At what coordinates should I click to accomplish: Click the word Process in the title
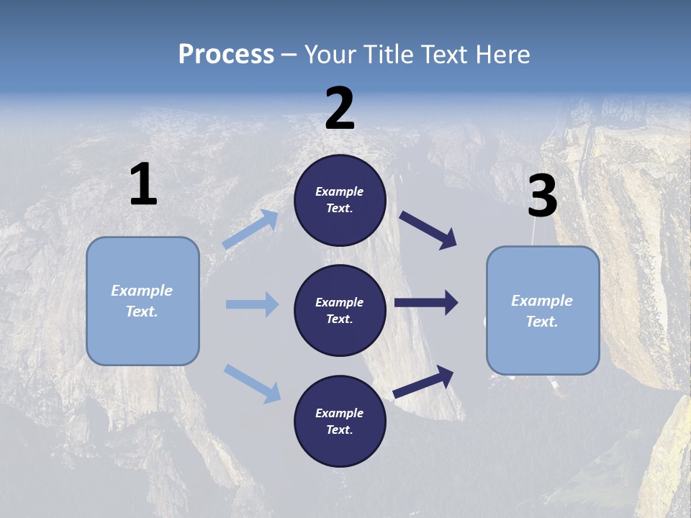226,55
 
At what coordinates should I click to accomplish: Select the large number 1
143,185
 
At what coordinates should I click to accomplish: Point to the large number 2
340,109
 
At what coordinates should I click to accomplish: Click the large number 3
542,196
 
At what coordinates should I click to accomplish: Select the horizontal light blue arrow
252,304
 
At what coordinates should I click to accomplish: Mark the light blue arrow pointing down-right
252,383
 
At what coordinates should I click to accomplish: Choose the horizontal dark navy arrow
426,302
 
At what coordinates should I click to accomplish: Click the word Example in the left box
142,291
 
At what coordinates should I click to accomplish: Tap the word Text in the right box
541,322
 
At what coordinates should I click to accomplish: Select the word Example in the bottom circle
340,413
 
